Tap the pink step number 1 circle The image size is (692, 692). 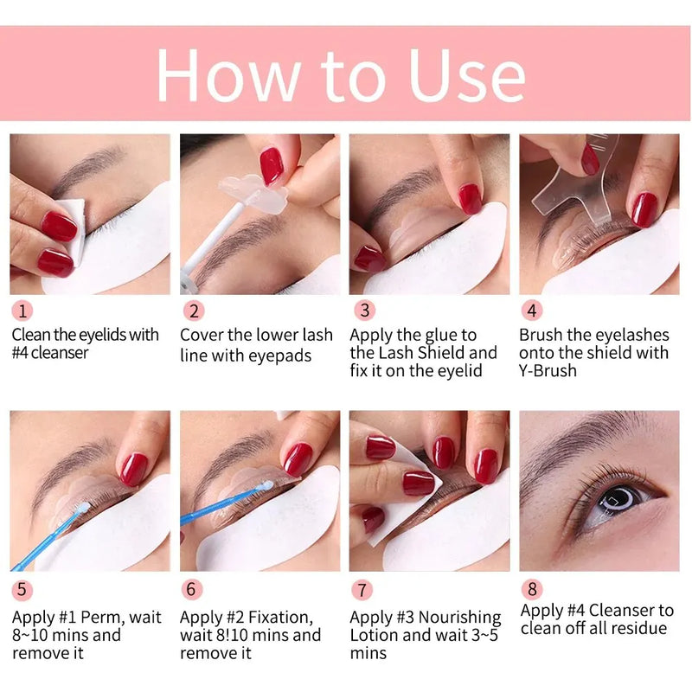[23, 311]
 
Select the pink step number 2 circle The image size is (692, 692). [193, 311]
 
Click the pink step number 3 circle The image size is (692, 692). [363, 311]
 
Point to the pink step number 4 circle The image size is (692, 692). [532, 311]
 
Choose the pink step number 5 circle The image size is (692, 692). [23, 591]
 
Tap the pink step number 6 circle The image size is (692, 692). [193, 591]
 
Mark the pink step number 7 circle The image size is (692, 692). [363, 591]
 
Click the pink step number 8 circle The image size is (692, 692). [532, 589]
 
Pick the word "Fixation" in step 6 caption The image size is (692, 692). [272, 617]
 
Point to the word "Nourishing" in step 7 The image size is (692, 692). [458, 617]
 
